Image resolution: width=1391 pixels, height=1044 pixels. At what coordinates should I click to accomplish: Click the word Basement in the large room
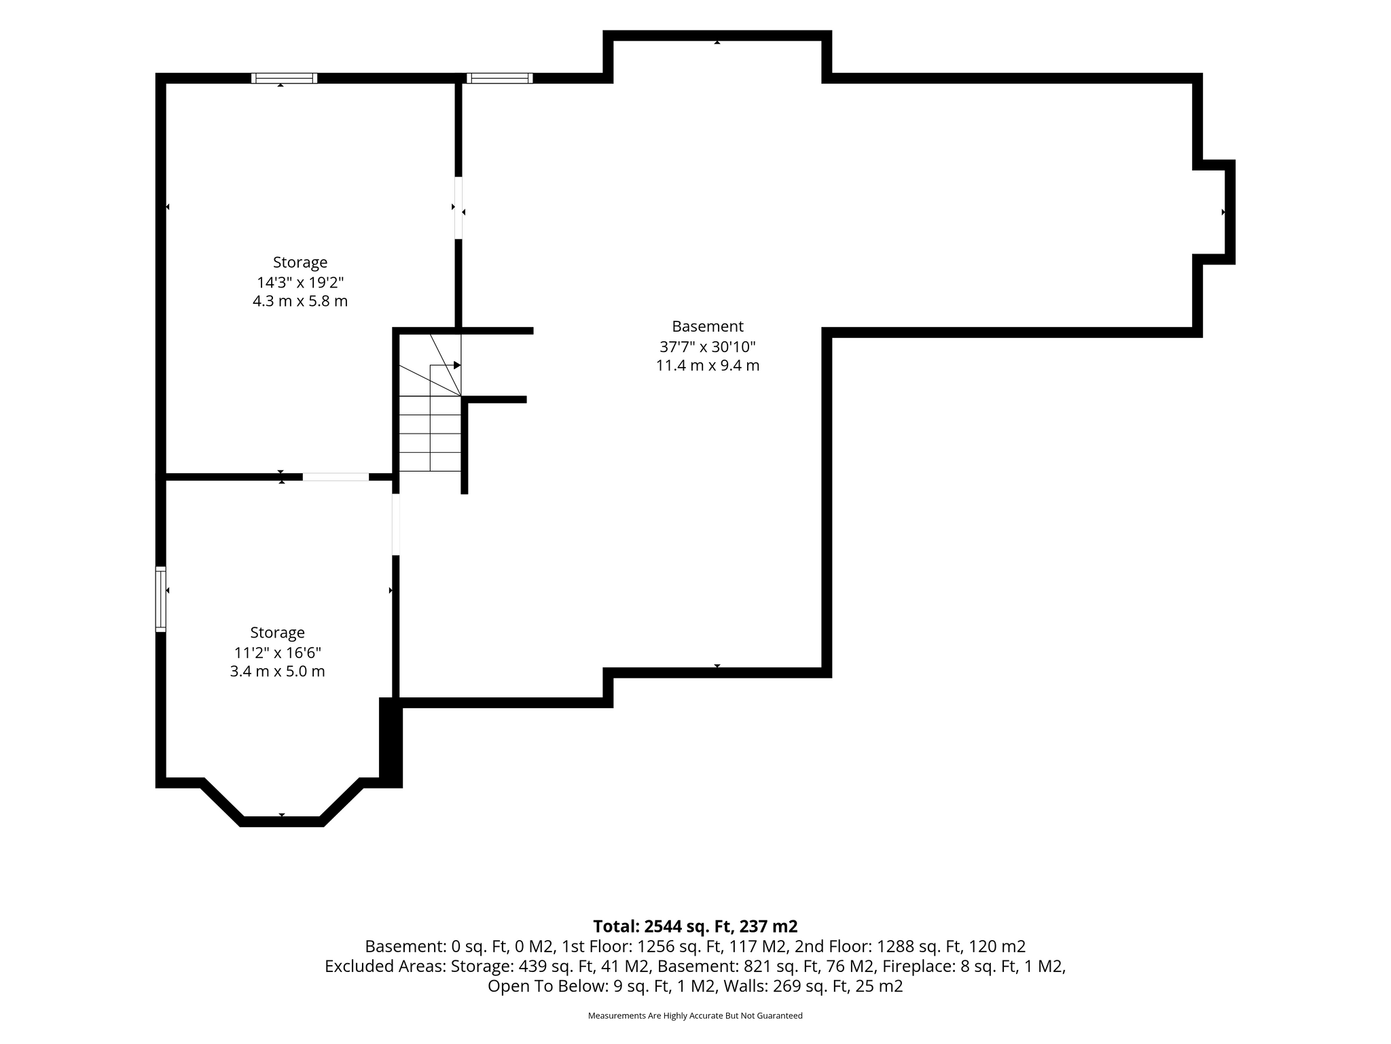point(708,326)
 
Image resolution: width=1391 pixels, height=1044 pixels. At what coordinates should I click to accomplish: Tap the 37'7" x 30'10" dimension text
point(708,347)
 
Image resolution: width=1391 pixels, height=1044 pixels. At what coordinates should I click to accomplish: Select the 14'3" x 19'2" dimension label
point(300,282)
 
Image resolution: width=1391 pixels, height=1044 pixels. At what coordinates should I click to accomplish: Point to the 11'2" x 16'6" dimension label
point(278,652)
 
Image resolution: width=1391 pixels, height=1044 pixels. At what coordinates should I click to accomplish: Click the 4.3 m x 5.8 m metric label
point(300,301)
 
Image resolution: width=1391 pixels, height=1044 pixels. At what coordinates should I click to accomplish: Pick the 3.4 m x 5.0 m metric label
point(278,672)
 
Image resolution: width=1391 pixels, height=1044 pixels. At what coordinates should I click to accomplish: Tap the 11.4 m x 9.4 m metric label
point(708,366)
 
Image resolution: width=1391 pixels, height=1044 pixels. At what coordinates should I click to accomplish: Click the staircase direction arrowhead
point(457,365)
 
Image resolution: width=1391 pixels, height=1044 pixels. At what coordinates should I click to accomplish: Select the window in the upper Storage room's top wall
point(284,78)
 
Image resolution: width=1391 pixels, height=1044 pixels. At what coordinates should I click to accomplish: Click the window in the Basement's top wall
point(499,78)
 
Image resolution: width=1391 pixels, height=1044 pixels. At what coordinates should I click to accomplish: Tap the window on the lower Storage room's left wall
point(161,599)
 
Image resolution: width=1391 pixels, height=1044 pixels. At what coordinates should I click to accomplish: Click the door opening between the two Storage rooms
point(336,476)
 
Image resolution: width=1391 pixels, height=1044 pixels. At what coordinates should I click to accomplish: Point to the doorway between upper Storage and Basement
point(458,208)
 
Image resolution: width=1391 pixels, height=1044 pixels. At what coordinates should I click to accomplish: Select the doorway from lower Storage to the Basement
point(396,525)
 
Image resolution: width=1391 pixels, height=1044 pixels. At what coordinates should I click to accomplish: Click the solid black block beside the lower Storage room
point(391,742)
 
